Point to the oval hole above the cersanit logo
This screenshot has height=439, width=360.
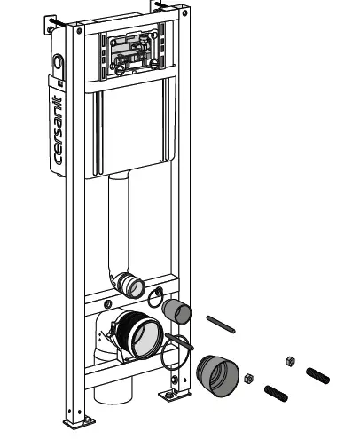[x=59, y=63]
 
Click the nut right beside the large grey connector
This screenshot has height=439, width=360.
[x=250, y=378]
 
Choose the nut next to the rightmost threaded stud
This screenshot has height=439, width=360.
[x=288, y=359]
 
